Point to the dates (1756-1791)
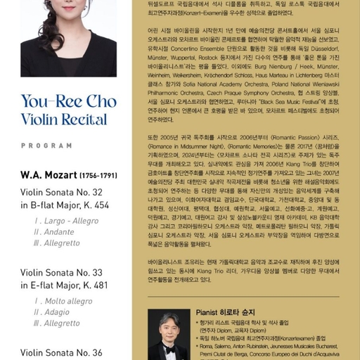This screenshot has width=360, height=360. pyautogui.click(x=99, y=174)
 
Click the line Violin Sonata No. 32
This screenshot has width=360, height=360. pyautogui.click(x=61, y=191)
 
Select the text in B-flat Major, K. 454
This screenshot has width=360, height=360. pyautogui.click(x=65, y=205)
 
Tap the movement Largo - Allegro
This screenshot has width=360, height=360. pyautogui.click(x=66, y=220)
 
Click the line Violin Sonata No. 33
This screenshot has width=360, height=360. pyautogui.click(x=61, y=271)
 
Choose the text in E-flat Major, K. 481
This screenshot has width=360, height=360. pyautogui.click(x=64, y=285)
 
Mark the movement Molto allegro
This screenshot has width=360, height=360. pyautogui.click(x=67, y=301)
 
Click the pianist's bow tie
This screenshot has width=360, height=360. pyautogui.click(x=169, y=348)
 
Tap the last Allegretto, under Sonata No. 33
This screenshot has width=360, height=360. pyautogui.click(x=61, y=323)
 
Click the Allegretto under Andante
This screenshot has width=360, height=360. pyautogui.click(x=61, y=243)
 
